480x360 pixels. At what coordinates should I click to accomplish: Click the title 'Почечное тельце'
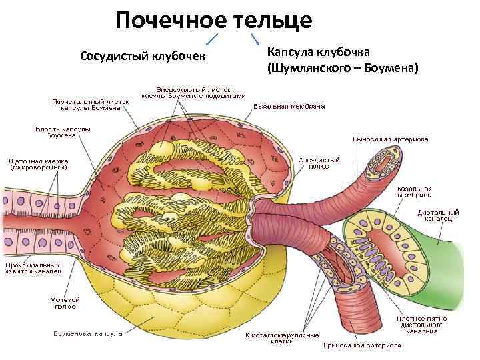(213, 20)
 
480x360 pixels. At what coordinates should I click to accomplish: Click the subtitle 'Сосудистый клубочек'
(143, 54)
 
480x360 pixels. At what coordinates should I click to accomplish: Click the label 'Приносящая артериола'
(362, 345)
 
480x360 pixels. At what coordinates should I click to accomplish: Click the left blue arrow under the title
(215, 39)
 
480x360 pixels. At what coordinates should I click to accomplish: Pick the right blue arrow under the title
(254, 38)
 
